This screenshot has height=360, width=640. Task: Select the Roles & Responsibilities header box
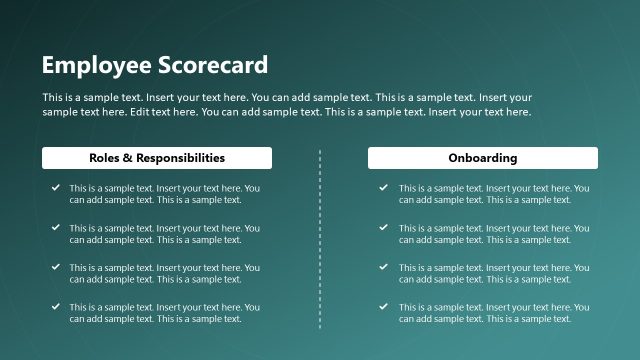click(157, 158)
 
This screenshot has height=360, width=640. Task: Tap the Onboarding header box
click(483, 158)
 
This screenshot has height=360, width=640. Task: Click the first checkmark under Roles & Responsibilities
click(54, 187)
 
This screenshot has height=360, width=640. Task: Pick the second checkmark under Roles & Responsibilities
click(54, 227)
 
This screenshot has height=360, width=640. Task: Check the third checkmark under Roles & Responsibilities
click(54, 267)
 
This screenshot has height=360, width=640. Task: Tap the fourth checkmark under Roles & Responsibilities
click(54, 306)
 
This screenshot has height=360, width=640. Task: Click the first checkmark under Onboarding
click(384, 187)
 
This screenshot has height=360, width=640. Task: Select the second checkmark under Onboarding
click(384, 227)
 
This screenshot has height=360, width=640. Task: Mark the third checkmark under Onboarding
click(384, 267)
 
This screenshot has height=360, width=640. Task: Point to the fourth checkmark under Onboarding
click(384, 306)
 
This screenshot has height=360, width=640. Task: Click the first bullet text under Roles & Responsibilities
click(164, 194)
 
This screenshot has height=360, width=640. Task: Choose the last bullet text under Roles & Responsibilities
click(164, 313)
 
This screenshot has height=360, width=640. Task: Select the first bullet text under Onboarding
click(494, 194)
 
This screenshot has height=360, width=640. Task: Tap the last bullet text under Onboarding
click(494, 313)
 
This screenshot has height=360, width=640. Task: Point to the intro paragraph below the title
click(287, 105)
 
